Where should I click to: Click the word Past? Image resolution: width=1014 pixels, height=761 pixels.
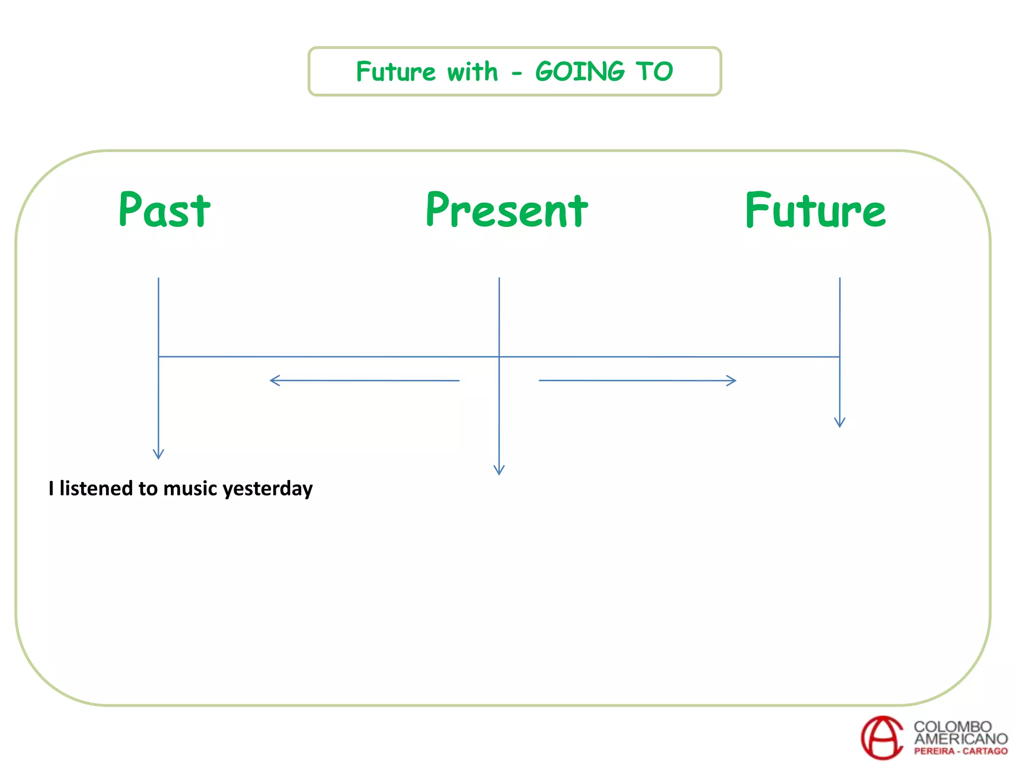pyautogui.click(x=164, y=211)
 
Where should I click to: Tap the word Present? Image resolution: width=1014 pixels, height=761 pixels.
pyautogui.click(x=507, y=211)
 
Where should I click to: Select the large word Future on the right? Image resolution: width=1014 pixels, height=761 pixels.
pyautogui.click(x=815, y=211)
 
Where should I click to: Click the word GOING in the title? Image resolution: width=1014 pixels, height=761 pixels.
pyautogui.click(x=580, y=71)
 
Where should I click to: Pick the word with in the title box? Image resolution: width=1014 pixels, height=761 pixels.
pyautogui.click(x=472, y=71)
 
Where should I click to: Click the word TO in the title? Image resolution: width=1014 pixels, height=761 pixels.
pyautogui.click(x=655, y=71)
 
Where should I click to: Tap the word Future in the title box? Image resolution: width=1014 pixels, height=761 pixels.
pyautogui.click(x=396, y=71)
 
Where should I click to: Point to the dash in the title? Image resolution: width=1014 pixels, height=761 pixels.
pyautogui.click(x=517, y=74)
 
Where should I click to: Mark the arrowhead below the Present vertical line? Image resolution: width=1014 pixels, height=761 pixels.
pyautogui.click(x=499, y=471)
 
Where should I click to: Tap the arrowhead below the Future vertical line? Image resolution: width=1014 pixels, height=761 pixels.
pyautogui.click(x=840, y=423)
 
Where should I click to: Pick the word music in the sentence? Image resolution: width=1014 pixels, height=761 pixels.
pyautogui.click(x=190, y=489)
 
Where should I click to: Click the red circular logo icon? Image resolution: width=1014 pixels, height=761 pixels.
pyautogui.click(x=882, y=738)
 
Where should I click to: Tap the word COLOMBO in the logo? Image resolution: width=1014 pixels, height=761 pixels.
pyautogui.click(x=952, y=726)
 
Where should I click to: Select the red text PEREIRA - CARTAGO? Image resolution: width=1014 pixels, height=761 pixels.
pyautogui.click(x=961, y=751)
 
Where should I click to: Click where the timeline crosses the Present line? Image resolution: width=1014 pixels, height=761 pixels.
pyautogui.click(x=499, y=356)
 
